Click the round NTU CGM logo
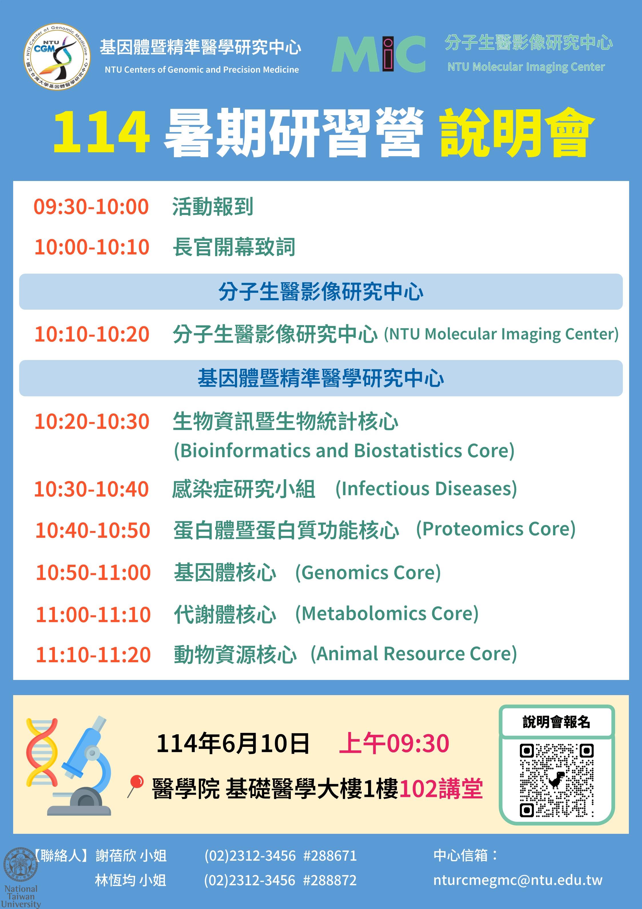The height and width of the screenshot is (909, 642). (x=57, y=56)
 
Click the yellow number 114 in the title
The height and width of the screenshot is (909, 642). (x=102, y=132)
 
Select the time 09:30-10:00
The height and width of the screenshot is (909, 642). (x=91, y=207)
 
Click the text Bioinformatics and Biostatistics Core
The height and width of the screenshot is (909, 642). (x=344, y=451)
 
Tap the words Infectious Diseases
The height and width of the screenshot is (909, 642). (x=426, y=489)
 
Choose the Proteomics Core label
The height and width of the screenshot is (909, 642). (x=496, y=529)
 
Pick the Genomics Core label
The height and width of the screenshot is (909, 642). (x=368, y=572)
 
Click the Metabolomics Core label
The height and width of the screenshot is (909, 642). (x=387, y=614)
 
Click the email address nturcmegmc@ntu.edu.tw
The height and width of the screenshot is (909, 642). (x=518, y=880)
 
